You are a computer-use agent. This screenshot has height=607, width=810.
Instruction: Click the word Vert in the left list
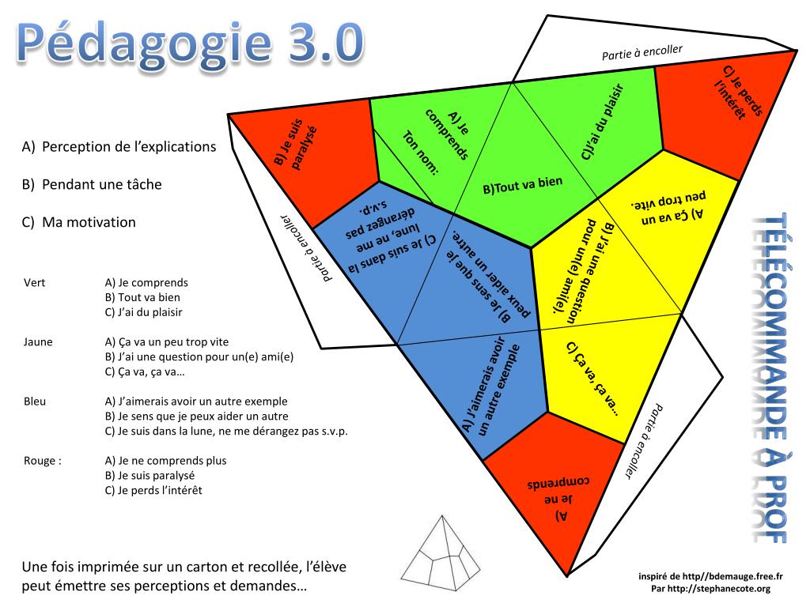point(35,282)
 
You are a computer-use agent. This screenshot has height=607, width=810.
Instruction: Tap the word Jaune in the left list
point(40,342)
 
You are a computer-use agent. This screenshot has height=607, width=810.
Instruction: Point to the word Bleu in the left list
point(35,402)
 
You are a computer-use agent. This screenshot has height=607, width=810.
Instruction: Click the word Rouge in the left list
point(43,461)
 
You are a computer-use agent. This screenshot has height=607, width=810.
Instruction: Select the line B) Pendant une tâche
point(92,184)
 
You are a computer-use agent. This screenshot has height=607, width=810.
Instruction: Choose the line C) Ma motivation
point(79,222)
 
